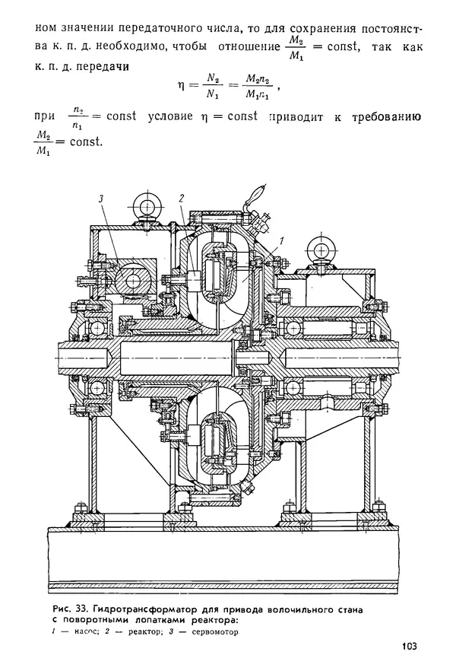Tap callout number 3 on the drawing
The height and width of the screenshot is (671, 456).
tap(100, 199)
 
